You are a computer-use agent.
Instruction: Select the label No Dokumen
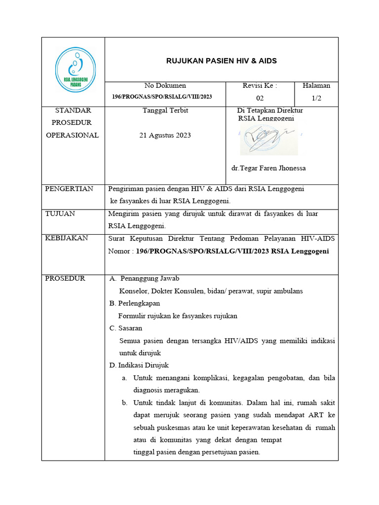[x=165, y=86]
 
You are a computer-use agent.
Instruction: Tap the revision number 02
[x=260, y=98]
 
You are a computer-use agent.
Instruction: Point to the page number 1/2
[x=316, y=98]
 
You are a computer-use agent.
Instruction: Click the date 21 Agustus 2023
[x=165, y=135]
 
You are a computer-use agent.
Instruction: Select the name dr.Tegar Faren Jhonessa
[x=268, y=168]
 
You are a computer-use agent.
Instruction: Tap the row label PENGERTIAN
[x=69, y=189]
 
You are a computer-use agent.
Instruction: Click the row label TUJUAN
[x=60, y=214]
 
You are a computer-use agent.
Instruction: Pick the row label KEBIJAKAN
[x=67, y=238]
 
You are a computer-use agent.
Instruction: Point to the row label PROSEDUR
[x=65, y=278]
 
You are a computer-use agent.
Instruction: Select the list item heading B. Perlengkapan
[x=134, y=303]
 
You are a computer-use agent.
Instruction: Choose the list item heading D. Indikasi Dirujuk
[x=139, y=365]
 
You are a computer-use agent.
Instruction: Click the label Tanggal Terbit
[x=165, y=110]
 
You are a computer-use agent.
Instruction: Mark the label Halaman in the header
[x=316, y=86]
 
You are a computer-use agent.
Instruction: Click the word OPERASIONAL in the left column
[x=73, y=135]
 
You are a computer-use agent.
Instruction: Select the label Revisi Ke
[x=260, y=86]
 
